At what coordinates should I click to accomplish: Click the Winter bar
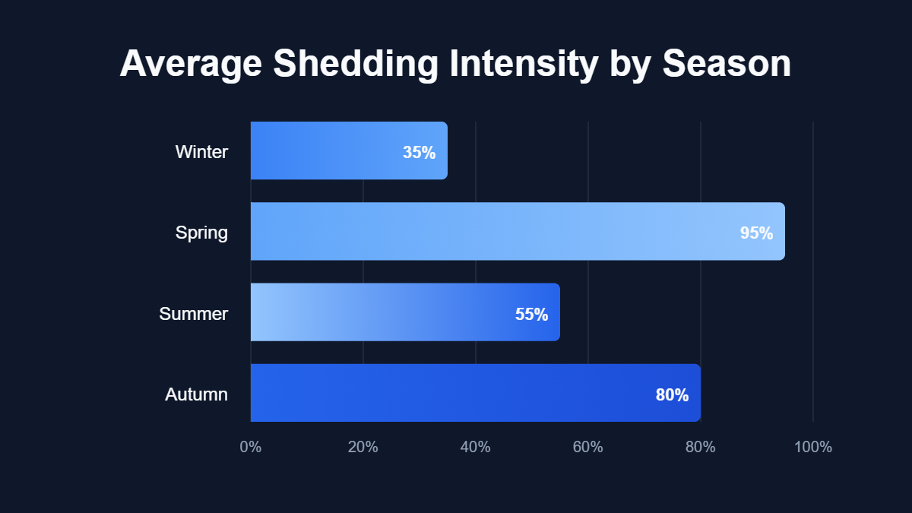coord(349,150)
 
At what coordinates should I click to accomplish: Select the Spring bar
coord(518,231)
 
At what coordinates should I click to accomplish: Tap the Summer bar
coord(405,312)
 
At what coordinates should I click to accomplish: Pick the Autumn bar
coord(475,393)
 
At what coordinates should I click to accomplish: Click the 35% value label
coord(419,153)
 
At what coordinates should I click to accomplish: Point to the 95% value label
coord(756,233)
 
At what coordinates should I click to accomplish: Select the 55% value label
coord(531,314)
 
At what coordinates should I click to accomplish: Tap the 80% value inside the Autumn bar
coord(672,395)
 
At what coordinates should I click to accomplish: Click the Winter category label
coord(201,152)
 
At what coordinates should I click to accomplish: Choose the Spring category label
coord(201,233)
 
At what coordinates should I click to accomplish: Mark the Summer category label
coord(194,313)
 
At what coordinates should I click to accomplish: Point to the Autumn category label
coord(196,394)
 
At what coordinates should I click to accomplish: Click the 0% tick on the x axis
coord(251,447)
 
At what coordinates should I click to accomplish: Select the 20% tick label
coord(363,447)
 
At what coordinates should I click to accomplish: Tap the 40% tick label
coord(476,447)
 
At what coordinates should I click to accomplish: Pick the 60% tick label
coord(588,447)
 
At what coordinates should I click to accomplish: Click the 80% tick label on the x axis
coord(701,447)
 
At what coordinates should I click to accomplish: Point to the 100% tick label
coord(813,447)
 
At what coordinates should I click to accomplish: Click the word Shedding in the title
coord(355,65)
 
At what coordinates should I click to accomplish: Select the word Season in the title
coord(727,65)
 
